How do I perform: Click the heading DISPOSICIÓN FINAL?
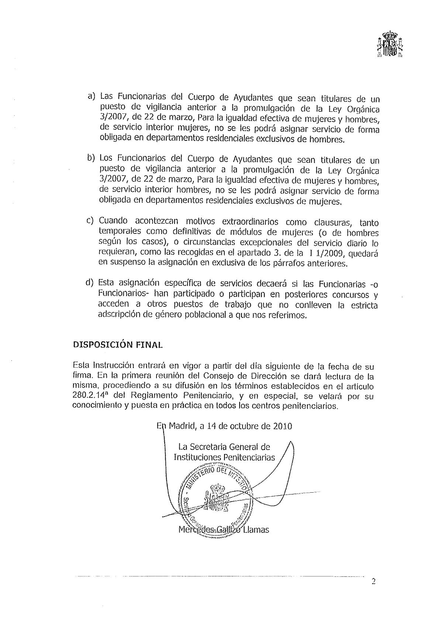(118, 344)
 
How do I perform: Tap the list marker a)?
(92, 96)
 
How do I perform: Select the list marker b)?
(91, 158)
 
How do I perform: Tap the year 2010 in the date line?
(282, 426)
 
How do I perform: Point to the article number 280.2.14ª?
(90, 396)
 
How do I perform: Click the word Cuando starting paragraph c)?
(113, 221)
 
